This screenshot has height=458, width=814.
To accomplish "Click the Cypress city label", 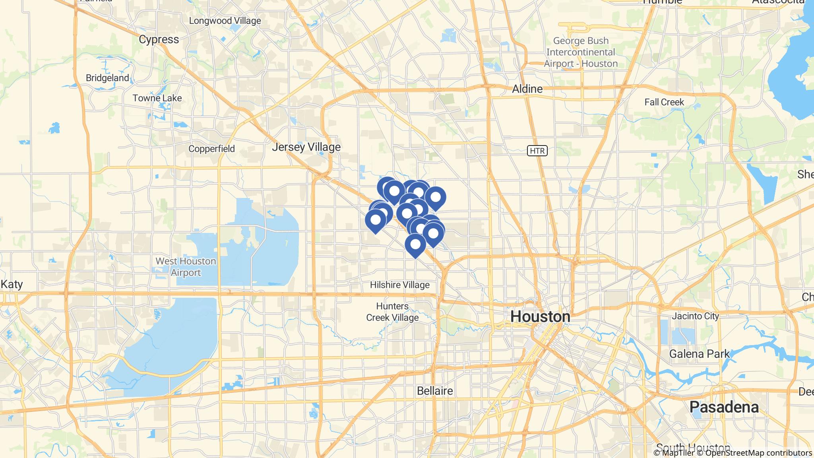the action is pos(159,39).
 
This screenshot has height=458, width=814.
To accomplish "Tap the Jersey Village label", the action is pos(306,147).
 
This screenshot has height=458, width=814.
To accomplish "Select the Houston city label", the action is pos(540,316).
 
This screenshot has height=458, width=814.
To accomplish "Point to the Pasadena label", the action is pos(724,407).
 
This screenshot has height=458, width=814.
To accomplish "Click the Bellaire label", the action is pos(435,391).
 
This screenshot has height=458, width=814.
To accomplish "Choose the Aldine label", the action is pos(527,89).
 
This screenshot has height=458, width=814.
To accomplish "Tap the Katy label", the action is pos(12,284).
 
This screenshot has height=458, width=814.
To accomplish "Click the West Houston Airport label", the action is pos(186,267).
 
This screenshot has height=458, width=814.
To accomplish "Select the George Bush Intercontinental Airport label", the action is pos(581,52).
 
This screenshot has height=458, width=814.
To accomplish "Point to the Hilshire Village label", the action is pos(399,285).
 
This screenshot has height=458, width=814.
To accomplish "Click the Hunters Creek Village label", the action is pos(392,312).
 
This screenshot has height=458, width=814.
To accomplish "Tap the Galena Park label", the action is pos(700,354).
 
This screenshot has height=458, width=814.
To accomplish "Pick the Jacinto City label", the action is pos(695,316).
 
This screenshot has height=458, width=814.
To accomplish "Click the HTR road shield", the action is pos(537,151).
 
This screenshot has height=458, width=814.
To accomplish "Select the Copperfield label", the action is pos(211,149).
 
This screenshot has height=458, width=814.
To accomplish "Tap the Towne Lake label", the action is pos(157,98).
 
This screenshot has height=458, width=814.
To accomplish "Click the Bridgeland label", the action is pos(107,78).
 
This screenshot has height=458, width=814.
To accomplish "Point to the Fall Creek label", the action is pos(664,102).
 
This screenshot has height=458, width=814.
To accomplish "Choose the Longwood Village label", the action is pos(225,21).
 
